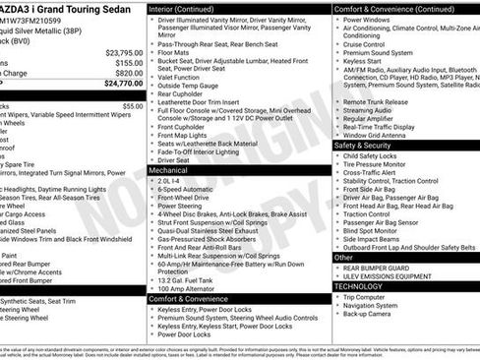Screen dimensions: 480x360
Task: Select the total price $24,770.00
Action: coord(123,84)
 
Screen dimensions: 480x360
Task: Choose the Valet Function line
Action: coord(185,77)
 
